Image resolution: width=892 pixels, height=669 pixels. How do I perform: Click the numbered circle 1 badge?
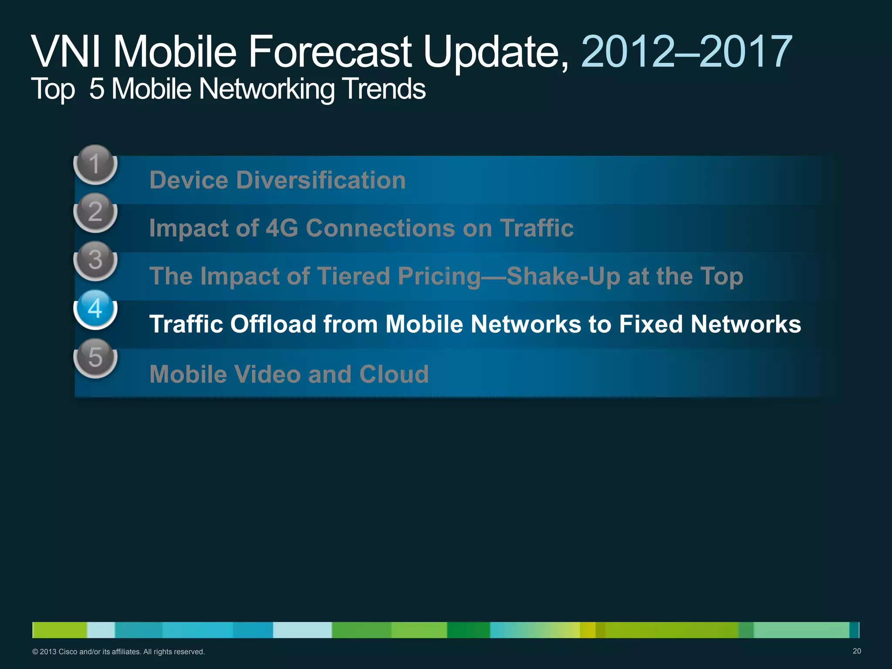pyautogui.click(x=95, y=164)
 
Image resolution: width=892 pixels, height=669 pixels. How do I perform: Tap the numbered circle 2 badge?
pyautogui.click(x=95, y=212)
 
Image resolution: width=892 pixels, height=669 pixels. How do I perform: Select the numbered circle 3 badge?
pyautogui.click(x=95, y=260)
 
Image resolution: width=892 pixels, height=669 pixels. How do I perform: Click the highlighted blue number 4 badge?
pyautogui.click(x=95, y=309)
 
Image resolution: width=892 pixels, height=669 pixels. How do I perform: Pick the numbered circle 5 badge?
pyautogui.click(x=95, y=357)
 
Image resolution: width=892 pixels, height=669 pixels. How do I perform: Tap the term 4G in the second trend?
pyautogui.click(x=281, y=228)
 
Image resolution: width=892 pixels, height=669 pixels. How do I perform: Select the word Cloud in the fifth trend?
pyautogui.click(x=394, y=374)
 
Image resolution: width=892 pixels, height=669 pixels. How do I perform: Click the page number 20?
pyautogui.click(x=856, y=651)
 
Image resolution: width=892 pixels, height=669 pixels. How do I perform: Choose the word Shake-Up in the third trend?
pyautogui.click(x=563, y=276)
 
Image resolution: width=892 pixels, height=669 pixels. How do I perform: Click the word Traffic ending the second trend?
pyautogui.click(x=537, y=228)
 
